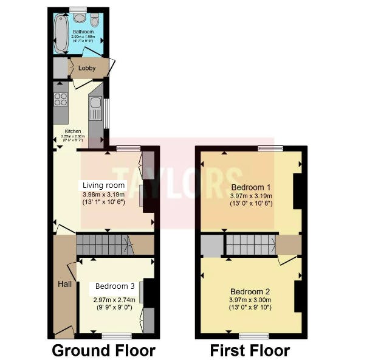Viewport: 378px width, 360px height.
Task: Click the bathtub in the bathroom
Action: tap(61, 33)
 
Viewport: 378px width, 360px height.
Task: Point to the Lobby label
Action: tap(86, 68)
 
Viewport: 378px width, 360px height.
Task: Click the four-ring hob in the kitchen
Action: tap(60, 99)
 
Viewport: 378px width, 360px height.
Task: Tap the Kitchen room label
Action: tap(73, 131)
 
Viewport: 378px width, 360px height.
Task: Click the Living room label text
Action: tap(104, 185)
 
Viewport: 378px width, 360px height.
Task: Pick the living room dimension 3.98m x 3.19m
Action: tap(104, 194)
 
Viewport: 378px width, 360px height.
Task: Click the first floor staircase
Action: tap(250, 245)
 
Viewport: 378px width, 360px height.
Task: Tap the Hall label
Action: tap(65, 284)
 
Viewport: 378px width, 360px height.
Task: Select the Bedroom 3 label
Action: tap(114, 286)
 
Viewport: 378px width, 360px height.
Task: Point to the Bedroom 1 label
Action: tap(251, 187)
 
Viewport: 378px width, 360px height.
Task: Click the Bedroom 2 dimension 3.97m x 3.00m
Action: tap(251, 300)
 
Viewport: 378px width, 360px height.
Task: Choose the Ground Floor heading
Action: tap(103, 350)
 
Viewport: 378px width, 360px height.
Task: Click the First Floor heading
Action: tap(250, 350)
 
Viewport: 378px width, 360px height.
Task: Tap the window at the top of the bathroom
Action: tap(78, 9)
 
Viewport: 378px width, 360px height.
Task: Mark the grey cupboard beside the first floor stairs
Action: tap(212, 245)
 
